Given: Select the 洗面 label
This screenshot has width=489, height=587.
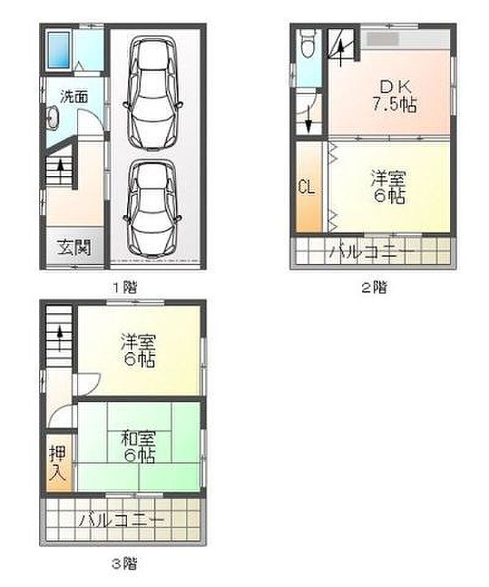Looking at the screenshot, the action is [74, 97].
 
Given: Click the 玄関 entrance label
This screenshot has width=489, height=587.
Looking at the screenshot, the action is [75, 248].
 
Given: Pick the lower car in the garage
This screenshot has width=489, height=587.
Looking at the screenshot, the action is [152, 209].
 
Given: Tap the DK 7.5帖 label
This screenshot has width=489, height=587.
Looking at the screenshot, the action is [394, 96].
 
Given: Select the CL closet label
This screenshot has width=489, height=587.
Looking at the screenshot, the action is [307, 187].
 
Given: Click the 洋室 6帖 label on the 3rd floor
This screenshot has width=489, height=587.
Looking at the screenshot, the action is [138, 350].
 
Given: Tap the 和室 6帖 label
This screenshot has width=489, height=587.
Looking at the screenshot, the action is [138, 446].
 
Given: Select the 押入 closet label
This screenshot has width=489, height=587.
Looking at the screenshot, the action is [58, 463].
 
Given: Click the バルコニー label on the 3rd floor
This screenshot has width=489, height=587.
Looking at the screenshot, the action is [121, 521].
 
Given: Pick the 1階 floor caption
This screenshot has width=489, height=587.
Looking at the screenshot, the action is [125, 288].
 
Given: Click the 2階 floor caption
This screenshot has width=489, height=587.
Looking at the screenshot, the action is [373, 288].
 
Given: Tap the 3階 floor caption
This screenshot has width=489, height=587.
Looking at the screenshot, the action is [125, 563].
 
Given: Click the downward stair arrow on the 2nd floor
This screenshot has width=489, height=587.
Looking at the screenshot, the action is [308, 119].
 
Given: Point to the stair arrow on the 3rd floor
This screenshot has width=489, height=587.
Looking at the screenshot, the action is [59, 339].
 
